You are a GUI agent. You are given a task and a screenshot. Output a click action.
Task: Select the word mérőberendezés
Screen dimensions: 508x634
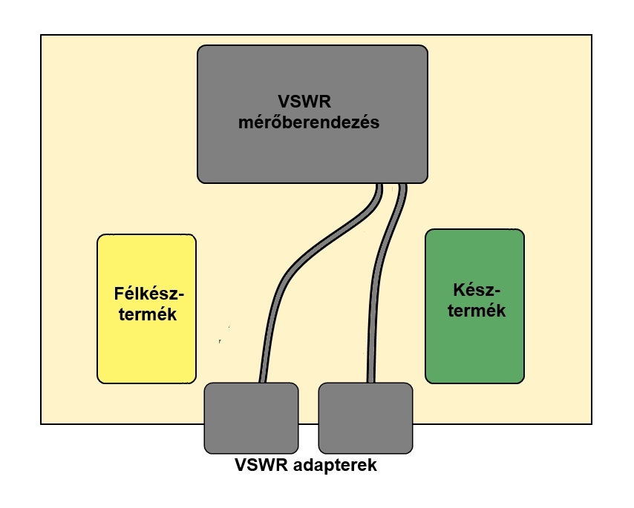[308, 123]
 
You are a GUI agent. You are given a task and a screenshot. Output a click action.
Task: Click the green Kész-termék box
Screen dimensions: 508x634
[474, 349]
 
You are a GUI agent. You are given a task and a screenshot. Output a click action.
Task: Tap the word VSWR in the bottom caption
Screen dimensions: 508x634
[258, 466]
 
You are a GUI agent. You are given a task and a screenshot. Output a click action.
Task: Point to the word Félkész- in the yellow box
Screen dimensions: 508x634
[148, 292]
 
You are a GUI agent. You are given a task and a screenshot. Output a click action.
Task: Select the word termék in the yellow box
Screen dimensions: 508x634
[146, 314]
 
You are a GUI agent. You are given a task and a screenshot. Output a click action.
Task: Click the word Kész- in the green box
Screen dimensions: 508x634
[476, 288]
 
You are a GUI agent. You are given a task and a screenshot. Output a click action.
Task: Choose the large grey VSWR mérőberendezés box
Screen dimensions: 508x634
[312, 156]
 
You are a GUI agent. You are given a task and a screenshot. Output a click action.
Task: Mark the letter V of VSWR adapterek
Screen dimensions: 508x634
[240, 466]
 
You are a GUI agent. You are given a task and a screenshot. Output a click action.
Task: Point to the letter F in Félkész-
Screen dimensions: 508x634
[119, 292]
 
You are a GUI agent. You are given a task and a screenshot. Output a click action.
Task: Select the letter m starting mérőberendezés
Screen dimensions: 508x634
[245, 124]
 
